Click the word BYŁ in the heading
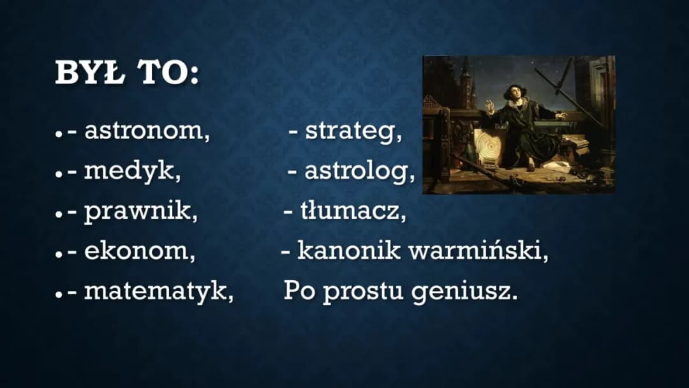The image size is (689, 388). point(90,72)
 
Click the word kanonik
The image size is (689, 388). point(349,250)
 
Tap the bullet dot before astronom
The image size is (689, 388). point(59,133)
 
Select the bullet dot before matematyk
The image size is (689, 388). point(59,294)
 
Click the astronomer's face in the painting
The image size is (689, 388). point(516,92)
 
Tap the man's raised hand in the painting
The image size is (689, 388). point(488,105)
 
